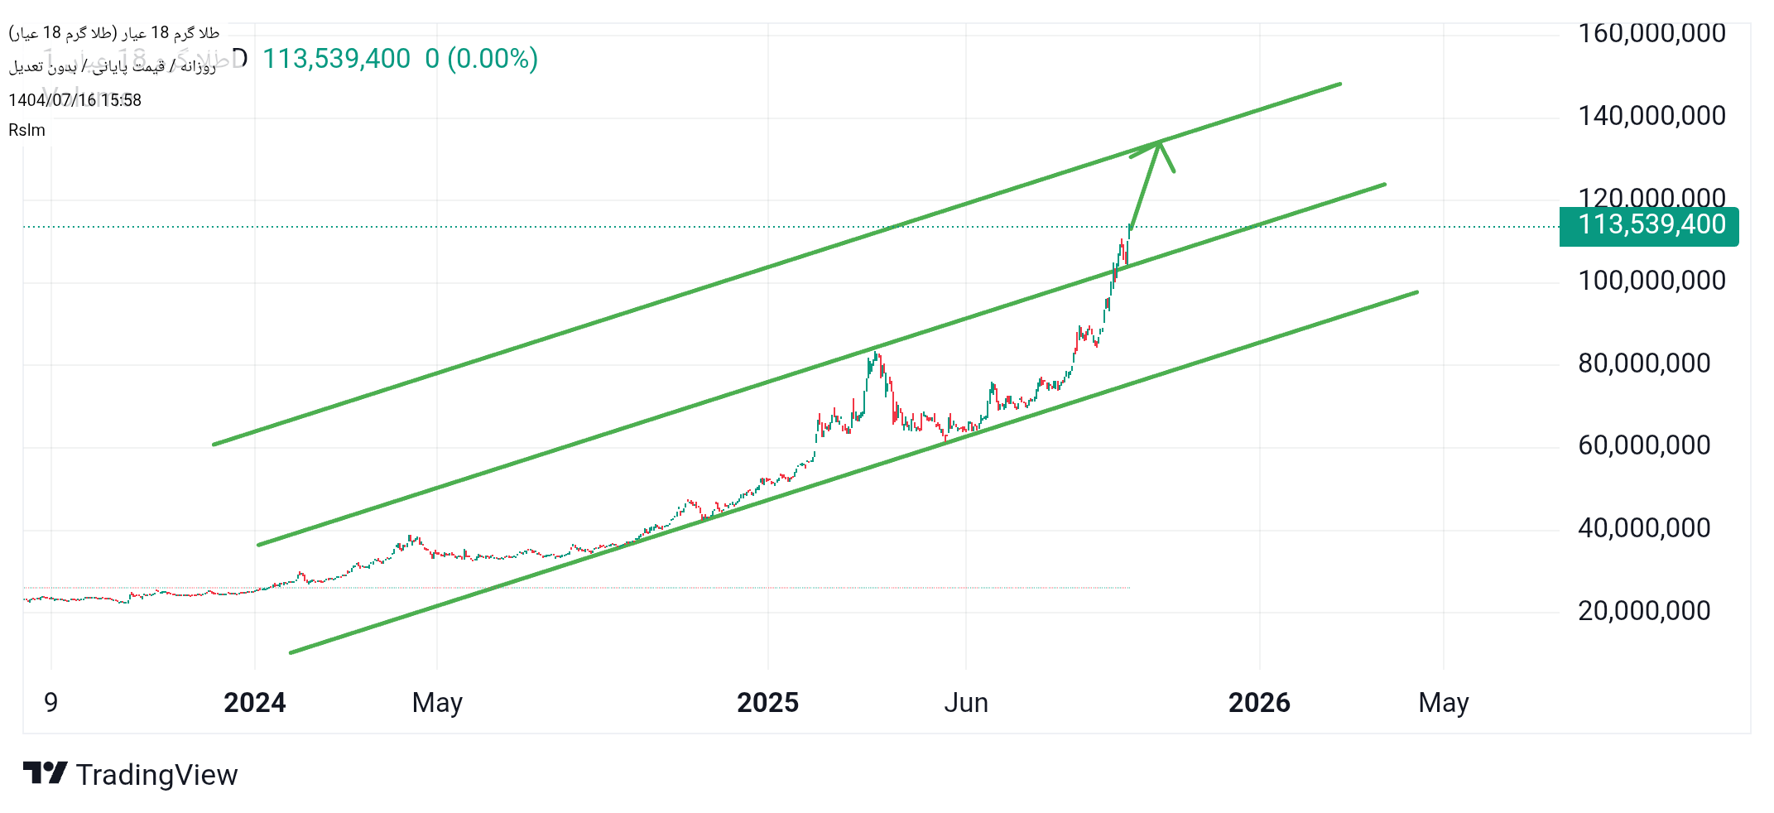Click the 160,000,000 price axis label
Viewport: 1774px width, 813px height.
pyautogui.click(x=1651, y=33)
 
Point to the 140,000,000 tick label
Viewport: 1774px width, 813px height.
pyautogui.click(x=1651, y=116)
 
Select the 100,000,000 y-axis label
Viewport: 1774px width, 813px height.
pyautogui.click(x=1651, y=281)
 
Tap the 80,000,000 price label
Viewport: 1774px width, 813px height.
pyautogui.click(x=1644, y=363)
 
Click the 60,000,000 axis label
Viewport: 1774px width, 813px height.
pyautogui.click(x=1644, y=445)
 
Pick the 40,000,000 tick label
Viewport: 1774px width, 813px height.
pyautogui.click(x=1644, y=528)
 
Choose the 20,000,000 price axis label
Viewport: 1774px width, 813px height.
pyautogui.click(x=1644, y=611)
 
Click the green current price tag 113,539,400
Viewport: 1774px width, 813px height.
pyautogui.click(x=1650, y=225)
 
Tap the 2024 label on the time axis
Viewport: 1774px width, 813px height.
pyautogui.click(x=254, y=703)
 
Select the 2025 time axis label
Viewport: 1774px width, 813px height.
pyautogui.click(x=767, y=703)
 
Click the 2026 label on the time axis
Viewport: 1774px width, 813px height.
pyautogui.click(x=1259, y=703)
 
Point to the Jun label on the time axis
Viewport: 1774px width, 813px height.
pyautogui.click(x=966, y=703)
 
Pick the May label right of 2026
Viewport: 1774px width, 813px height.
pyautogui.click(x=1443, y=703)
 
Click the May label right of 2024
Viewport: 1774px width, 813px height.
pyautogui.click(x=437, y=703)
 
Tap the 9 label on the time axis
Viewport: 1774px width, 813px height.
pyautogui.click(x=51, y=703)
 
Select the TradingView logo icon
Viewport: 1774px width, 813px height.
pyautogui.click(x=45, y=773)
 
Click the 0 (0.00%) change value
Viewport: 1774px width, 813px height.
pyautogui.click(x=481, y=59)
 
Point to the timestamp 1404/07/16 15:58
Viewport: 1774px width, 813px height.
pyautogui.click(x=75, y=100)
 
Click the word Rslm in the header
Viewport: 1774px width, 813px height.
pyautogui.click(x=26, y=130)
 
